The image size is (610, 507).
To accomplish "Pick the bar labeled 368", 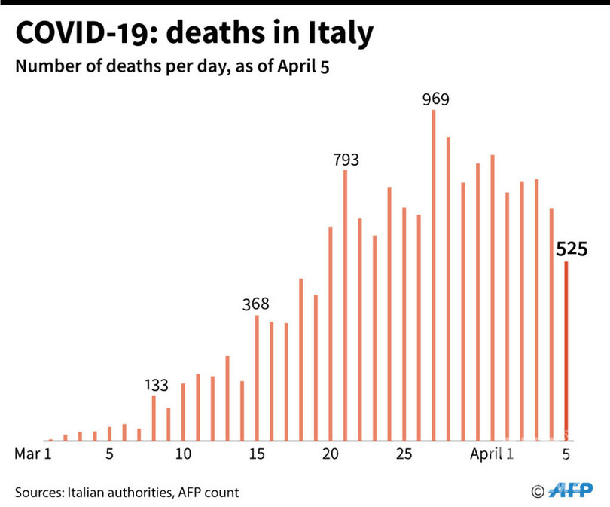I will (x=257, y=377).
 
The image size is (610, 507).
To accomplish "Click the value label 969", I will (x=435, y=99).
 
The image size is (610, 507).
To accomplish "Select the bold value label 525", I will (x=572, y=249).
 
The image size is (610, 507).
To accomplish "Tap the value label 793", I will (x=346, y=160).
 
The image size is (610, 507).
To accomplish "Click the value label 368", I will (x=256, y=304).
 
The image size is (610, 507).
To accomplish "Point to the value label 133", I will (x=155, y=385).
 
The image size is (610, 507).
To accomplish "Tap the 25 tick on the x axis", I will (x=404, y=454).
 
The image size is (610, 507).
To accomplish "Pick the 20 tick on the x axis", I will (x=330, y=454).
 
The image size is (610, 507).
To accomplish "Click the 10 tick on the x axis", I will (x=183, y=454).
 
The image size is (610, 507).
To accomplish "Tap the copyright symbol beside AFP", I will (x=538, y=491).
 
